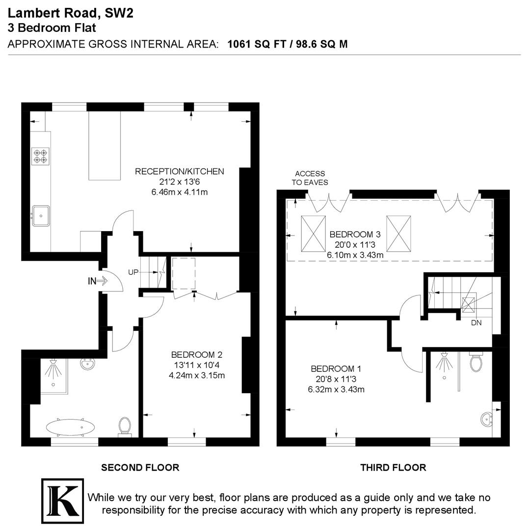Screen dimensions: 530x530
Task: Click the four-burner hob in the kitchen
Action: pos(40,156)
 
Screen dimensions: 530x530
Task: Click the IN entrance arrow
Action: pos(97,281)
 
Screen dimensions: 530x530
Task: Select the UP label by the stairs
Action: pos(133,272)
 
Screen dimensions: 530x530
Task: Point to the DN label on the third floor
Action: pos(476,323)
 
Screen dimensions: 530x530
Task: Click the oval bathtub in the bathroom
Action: pos(71,427)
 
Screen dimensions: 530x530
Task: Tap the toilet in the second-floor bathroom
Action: pos(125,426)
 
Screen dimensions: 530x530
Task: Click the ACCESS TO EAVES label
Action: pos(310,178)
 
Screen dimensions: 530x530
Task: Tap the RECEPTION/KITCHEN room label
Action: pos(179,171)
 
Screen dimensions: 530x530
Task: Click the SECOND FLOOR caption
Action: pos(140,468)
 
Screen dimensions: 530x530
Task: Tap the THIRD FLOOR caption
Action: pos(393,468)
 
